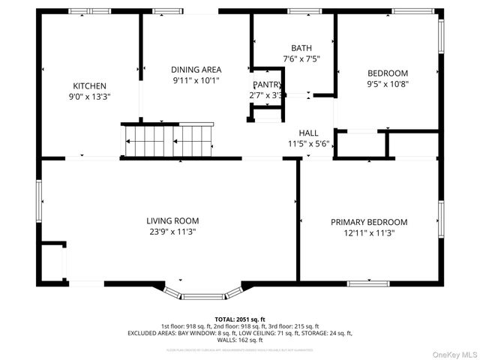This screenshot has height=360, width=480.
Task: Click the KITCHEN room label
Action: (89, 86)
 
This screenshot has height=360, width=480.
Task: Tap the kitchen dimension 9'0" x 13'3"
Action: (89, 97)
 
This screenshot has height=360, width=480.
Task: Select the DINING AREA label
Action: (196, 70)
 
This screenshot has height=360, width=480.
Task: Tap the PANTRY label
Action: (266, 85)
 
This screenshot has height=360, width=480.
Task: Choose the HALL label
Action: (308, 133)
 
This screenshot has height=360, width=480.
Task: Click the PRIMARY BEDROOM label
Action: (369, 222)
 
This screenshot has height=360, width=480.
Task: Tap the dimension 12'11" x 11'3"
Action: (369, 233)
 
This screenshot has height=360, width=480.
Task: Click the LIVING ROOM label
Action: (172, 220)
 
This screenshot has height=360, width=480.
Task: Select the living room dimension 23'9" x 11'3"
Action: (172, 232)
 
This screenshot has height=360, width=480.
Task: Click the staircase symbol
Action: (169, 139)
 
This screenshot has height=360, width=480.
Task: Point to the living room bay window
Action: (203, 294)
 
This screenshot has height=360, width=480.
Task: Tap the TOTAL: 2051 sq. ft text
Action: (240, 319)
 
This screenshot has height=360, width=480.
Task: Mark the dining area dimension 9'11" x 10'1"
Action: (196, 80)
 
